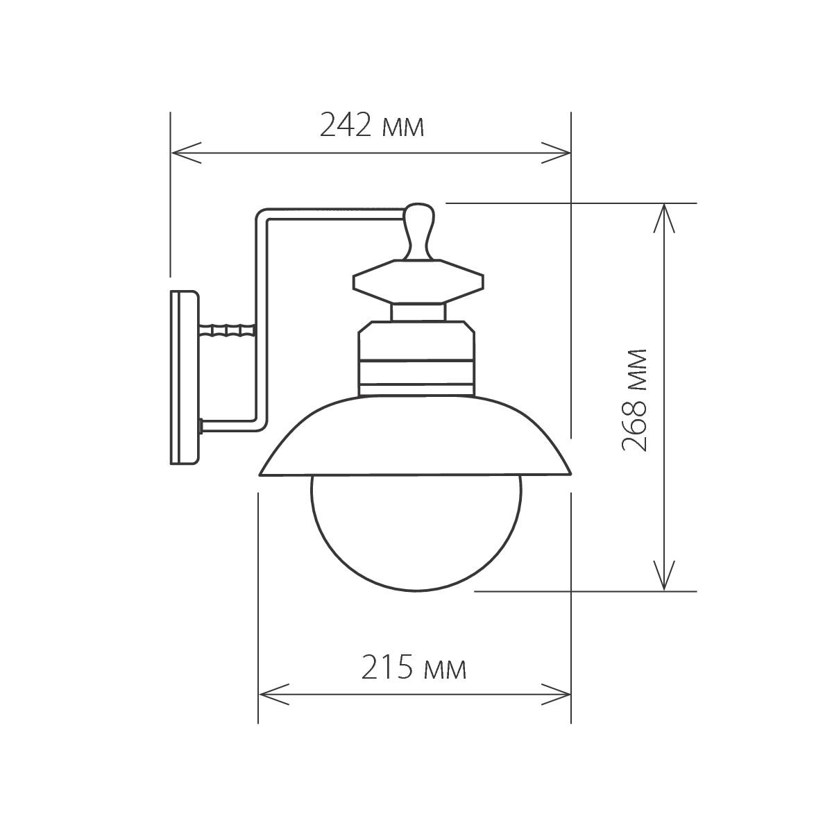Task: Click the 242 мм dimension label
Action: (371, 126)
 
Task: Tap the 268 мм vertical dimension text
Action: (634, 400)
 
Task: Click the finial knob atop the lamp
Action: (418, 229)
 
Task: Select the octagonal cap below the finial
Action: (418, 282)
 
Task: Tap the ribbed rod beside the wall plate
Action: (226, 331)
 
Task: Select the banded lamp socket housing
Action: (417, 357)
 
